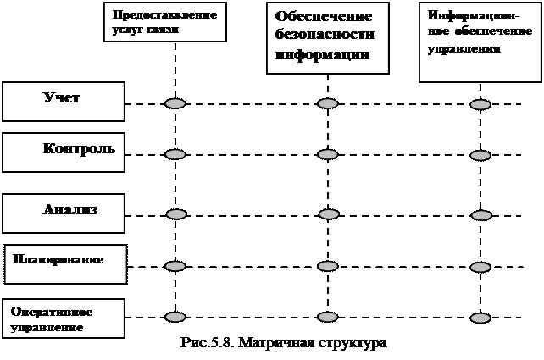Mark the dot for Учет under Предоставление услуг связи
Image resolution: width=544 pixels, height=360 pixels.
[x=175, y=103]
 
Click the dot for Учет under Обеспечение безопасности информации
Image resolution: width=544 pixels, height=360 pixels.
[x=328, y=103]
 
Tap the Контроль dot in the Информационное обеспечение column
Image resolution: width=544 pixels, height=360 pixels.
[x=480, y=156]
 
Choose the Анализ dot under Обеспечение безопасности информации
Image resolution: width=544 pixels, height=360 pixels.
[x=329, y=213]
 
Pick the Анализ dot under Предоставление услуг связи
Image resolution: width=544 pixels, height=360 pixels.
[x=176, y=214]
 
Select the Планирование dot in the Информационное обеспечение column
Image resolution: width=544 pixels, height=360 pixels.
[x=480, y=268]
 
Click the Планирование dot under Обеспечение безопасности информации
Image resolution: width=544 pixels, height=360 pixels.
[x=328, y=266]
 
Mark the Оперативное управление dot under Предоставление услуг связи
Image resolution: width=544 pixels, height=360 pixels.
[x=175, y=317]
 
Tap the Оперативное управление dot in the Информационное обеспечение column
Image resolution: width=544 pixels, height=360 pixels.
[x=480, y=318]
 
